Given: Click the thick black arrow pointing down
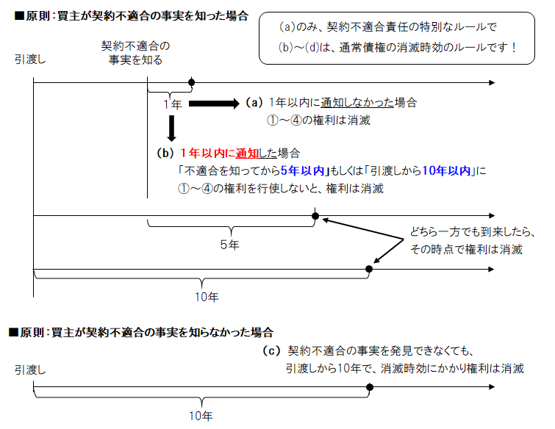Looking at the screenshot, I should click(x=171, y=129).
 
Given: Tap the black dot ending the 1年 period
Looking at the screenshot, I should click(x=192, y=82).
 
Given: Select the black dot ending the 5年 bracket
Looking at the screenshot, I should click(x=315, y=216).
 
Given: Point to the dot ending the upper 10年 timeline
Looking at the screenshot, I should click(x=369, y=269).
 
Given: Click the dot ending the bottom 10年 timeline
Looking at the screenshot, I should click(x=369, y=394).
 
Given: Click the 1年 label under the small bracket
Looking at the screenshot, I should click(x=172, y=104).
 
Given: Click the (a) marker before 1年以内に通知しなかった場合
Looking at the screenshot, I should click(x=254, y=103).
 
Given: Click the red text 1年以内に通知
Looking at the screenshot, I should click(x=222, y=154).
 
